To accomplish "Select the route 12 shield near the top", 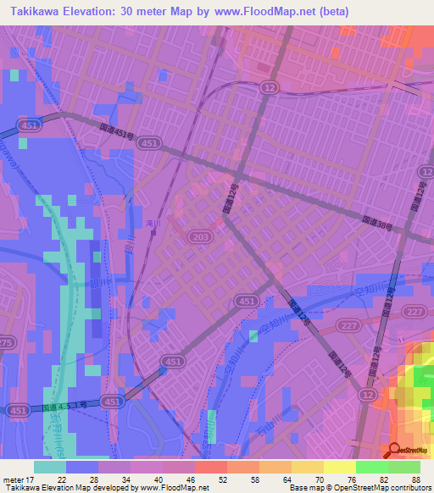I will (270, 88).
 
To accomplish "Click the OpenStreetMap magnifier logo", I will (396, 449).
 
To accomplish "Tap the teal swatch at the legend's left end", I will (50, 467).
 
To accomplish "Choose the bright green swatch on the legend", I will (371, 467).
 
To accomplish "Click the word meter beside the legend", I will (14, 479).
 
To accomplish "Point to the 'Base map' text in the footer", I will (303, 488).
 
